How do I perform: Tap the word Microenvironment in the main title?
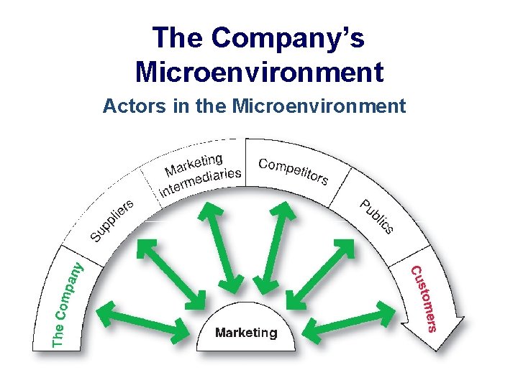pyautogui.click(x=259, y=72)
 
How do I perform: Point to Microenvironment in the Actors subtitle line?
pyautogui.click(x=319, y=107)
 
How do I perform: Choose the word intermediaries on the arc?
pyautogui.click(x=201, y=180)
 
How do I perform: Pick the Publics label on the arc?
pyautogui.click(x=376, y=216)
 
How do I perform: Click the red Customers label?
pyautogui.click(x=423, y=299)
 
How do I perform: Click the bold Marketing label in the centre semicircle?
pyautogui.click(x=246, y=333)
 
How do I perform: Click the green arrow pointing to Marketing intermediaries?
pyautogui.click(x=225, y=249)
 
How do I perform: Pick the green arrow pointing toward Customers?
pyautogui.click(x=348, y=320)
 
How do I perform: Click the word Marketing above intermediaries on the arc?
pyautogui.click(x=193, y=163)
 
